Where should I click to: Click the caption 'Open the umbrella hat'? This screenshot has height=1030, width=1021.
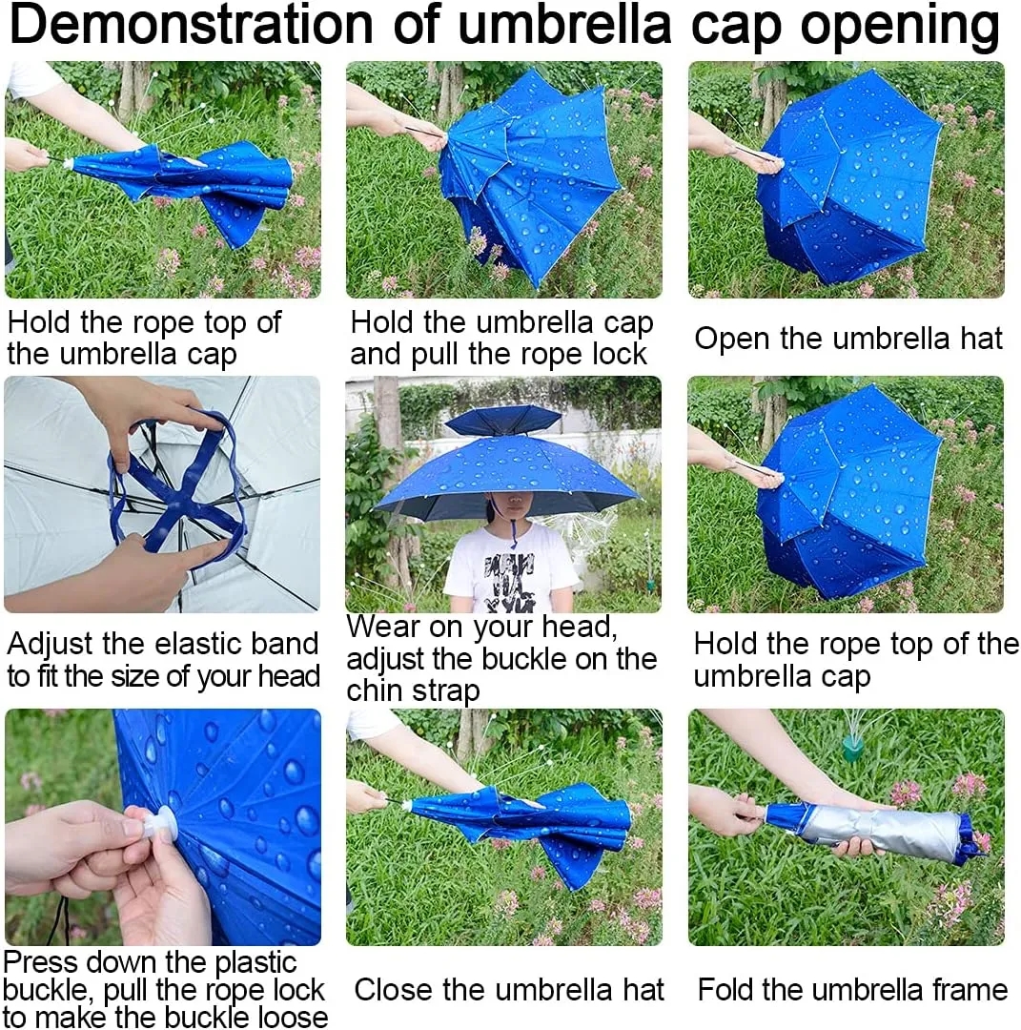[847, 339]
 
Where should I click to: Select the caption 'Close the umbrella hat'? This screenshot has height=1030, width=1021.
[508, 990]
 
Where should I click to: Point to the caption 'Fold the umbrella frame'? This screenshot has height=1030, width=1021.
[852, 990]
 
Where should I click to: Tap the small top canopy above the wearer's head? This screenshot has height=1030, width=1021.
[503, 419]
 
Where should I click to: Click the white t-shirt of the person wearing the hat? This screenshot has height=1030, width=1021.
[510, 567]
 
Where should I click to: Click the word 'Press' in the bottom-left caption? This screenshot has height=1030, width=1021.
[39, 961]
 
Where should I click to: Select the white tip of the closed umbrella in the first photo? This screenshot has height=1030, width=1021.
[68, 163]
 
